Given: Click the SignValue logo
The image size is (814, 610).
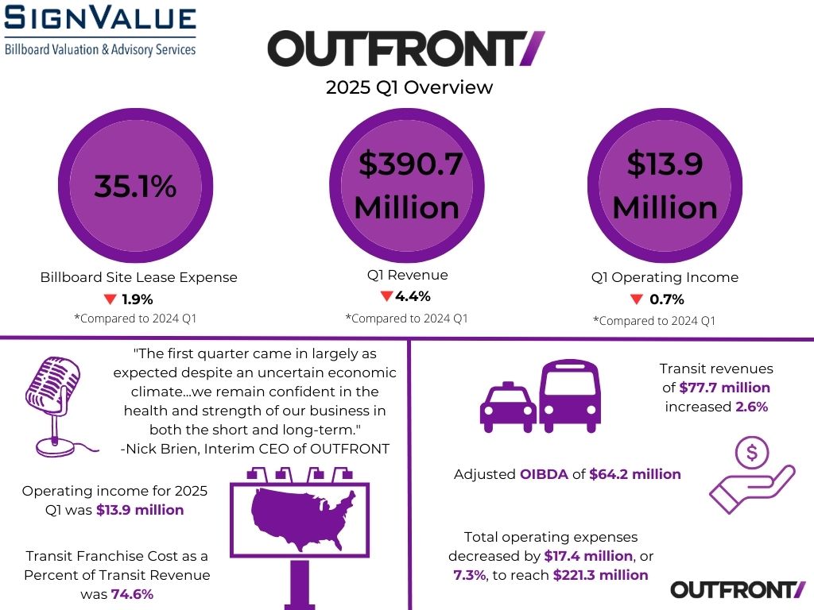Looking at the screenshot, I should tap(100, 30).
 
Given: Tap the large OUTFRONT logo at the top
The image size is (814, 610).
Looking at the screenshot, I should tap(406, 49).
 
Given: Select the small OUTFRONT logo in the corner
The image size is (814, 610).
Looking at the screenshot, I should tap(738, 589).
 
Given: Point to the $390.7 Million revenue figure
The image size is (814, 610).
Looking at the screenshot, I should tap(407, 185).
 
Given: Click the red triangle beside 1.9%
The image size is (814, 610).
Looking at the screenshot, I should tap(110, 299).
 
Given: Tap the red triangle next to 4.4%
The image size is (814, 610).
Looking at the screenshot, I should tap(386, 296).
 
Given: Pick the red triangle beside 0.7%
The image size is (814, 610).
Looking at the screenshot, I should tap(636, 299).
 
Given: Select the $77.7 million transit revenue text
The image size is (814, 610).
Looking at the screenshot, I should tap(724, 388).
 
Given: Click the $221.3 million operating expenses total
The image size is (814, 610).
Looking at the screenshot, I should tap(600, 574).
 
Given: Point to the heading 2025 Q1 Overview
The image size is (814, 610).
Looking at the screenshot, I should tap(409, 87).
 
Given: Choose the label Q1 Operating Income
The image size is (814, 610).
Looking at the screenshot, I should tap(665, 277).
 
